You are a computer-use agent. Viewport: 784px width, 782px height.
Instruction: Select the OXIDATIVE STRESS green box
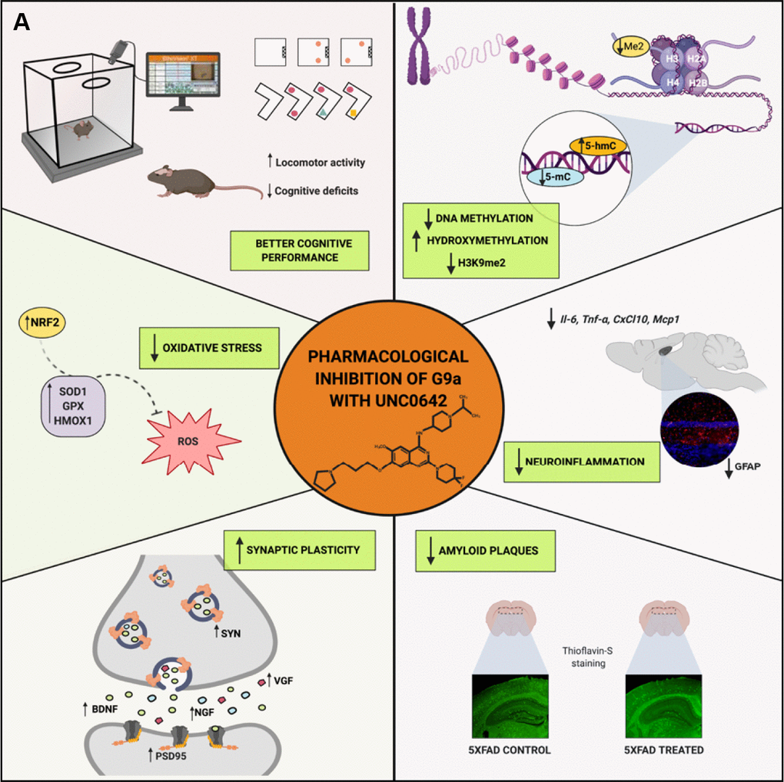click(x=209, y=347)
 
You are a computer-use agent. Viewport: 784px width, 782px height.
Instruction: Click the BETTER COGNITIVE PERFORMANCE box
click(x=297, y=250)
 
